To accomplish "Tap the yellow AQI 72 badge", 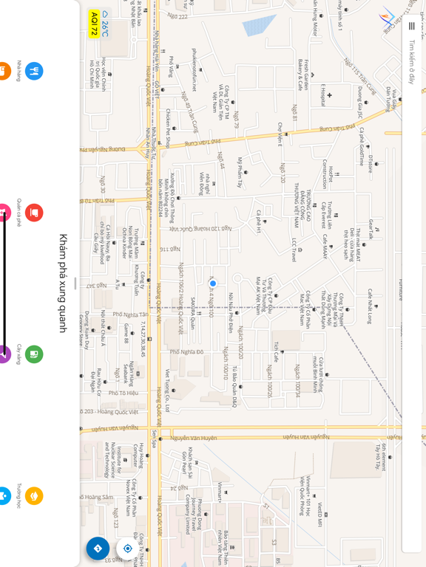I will pyautogui.click(x=94, y=24).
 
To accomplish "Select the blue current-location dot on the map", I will pyautogui.click(x=213, y=283).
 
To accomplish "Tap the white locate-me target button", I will pyautogui.click(x=127, y=549).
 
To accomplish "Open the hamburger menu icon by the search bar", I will pyautogui.click(x=411, y=26).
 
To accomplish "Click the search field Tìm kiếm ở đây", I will pyautogui.click(x=411, y=63).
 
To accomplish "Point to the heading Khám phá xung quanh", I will pyautogui.click(x=64, y=283).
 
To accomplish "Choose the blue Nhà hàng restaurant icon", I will pyautogui.click(x=34, y=71).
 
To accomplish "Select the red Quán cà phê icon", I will pyautogui.click(x=34, y=213).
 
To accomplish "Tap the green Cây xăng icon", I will pyautogui.click(x=34, y=354).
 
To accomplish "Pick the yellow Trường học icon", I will pyautogui.click(x=34, y=495).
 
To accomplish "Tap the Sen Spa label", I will pyautogui.click(x=155, y=439).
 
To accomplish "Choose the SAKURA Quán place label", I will pyautogui.click(x=193, y=312).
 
